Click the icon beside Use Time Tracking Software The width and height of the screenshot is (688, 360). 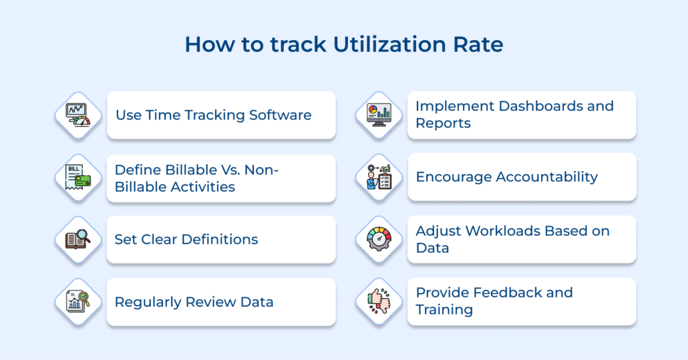[x=78, y=116]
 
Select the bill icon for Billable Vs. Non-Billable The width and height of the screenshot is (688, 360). [x=78, y=178]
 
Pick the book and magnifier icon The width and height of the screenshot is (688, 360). [x=78, y=239]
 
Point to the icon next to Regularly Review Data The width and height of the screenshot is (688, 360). [x=78, y=302]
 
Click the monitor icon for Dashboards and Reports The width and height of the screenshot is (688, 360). [x=379, y=115]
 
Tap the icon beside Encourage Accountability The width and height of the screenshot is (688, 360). [x=379, y=177]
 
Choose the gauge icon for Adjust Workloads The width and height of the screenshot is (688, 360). [x=379, y=239]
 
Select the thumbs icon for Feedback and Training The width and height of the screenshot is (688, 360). [x=379, y=301]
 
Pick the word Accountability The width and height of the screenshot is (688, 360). [x=540, y=177]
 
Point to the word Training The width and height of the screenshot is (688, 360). [x=444, y=310]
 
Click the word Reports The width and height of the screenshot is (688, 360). [x=443, y=124]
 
